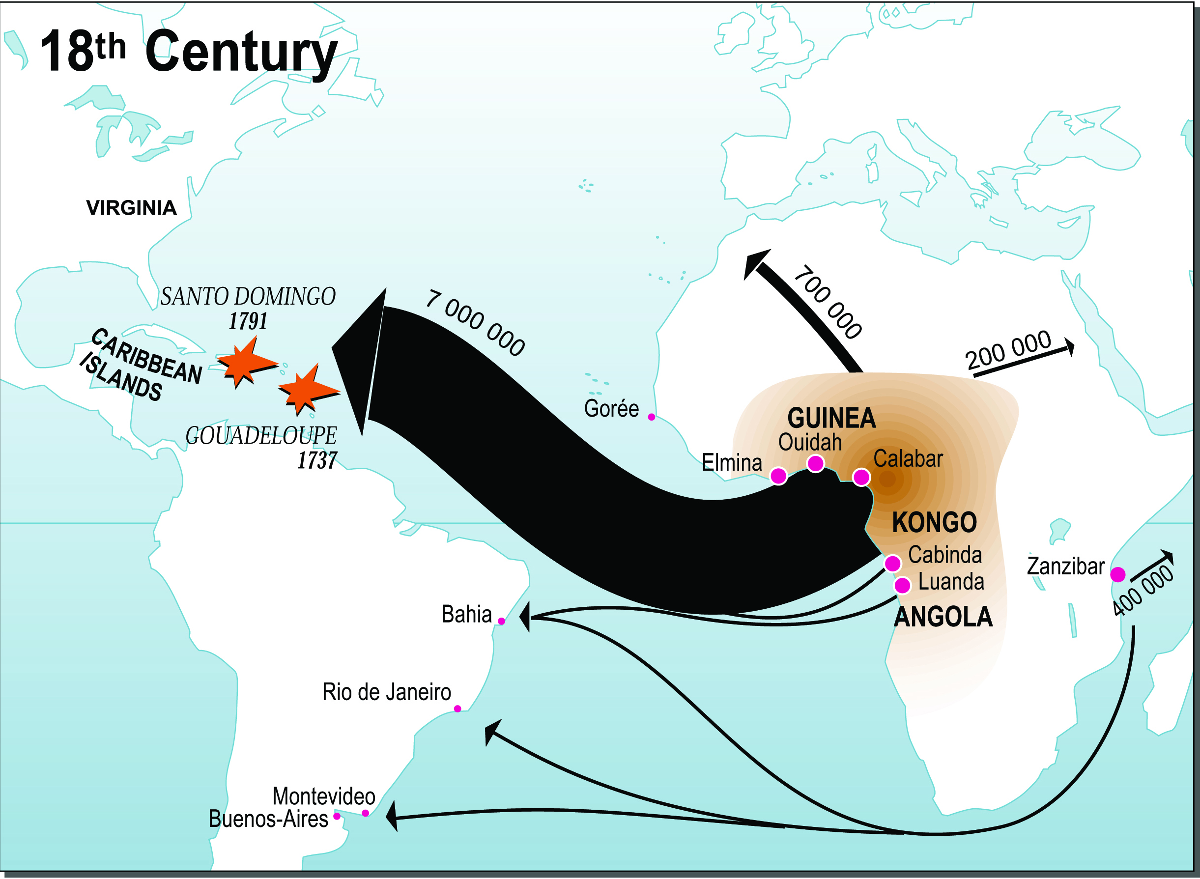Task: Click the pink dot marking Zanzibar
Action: point(1117,575)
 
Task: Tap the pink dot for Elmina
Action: point(778,476)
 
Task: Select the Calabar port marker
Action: point(861,477)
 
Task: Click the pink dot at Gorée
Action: point(652,417)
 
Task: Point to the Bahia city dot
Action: point(501,621)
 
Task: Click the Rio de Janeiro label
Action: point(387,692)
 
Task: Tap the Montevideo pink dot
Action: point(365,813)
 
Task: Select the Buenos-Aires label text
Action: point(268,819)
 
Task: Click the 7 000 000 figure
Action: point(475,323)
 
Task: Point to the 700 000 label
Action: point(828,302)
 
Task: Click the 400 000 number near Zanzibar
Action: point(1142,591)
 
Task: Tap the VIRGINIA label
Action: point(131,208)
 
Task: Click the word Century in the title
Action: point(241,52)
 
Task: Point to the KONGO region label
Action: point(934,522)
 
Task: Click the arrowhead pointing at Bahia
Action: point(525,617)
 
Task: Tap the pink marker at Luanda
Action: point(902,585)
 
